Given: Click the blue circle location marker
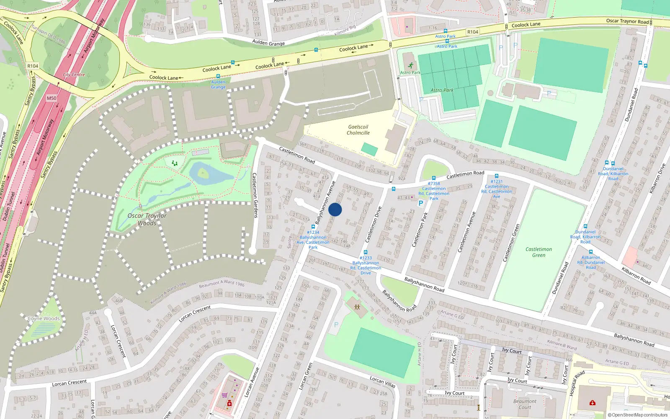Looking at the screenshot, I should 335,209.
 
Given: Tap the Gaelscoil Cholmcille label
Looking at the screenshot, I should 358,130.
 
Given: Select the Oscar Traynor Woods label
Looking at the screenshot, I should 147,219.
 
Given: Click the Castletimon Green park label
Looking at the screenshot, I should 539,252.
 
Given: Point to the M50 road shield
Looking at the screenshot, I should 51,98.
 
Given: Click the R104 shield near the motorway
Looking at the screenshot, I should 33,66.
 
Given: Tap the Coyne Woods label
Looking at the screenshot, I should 44,318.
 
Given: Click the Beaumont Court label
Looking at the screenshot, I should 525,404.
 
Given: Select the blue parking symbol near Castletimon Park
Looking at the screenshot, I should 421,203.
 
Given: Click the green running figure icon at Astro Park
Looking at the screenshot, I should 410,65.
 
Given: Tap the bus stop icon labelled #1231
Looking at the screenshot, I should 496,176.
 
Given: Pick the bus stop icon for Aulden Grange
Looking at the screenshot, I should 218,76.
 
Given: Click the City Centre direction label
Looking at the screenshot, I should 74,75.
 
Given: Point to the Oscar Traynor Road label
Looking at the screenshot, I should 627,21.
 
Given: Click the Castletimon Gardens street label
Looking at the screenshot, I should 255,195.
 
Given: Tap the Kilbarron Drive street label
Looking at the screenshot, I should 657,178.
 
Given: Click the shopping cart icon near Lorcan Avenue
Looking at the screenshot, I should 225,395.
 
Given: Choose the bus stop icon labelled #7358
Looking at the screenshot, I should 433,178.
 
